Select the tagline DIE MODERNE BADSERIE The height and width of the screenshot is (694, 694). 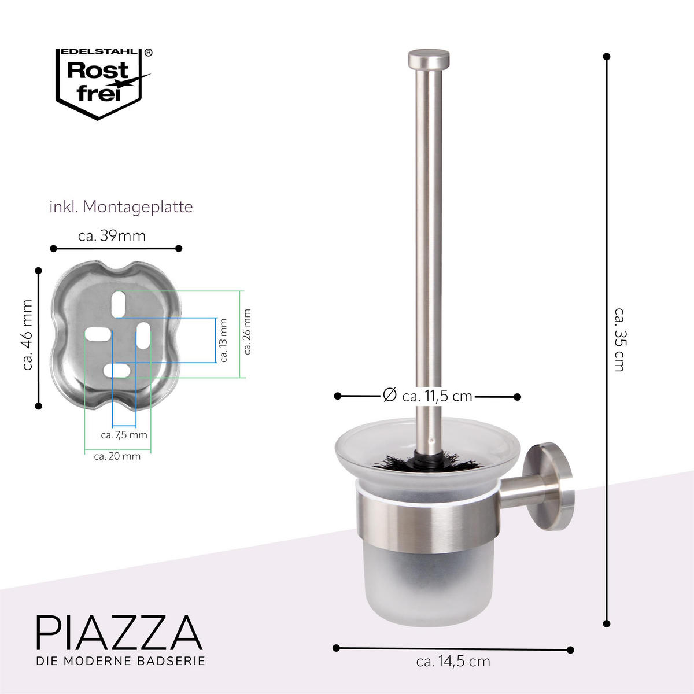point(120,660)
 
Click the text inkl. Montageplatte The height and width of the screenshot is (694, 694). point(121,206)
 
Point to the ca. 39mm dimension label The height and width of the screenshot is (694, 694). point(112,235)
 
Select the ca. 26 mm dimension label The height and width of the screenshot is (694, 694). point(248,332)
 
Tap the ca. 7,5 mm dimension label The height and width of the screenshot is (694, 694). point(124,434)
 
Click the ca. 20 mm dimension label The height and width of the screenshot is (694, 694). point(117,456)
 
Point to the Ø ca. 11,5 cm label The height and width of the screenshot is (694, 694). point(427,396)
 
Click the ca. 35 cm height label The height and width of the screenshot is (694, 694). point(619,339)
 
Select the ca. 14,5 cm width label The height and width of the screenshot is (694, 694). point(453,661)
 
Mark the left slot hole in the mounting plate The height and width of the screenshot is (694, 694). point(98,334)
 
